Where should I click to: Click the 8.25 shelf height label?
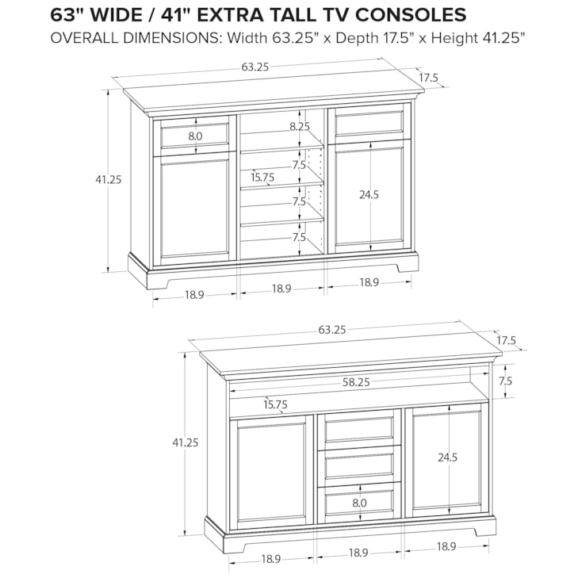pyautogui.click(x=300, y=126)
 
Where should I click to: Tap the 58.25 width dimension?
pyautogui.click(x=356, y=382)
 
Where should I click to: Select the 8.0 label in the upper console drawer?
pyautogui.click(x=195, y=136)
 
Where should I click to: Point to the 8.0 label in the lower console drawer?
pyautogui.click(x=359, y=503)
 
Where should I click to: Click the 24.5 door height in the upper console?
pyautogui.click(x=369, y=194)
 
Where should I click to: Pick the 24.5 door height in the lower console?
pyautogui.click(x=447, y=457)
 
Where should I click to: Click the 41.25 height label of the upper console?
pyautogui.click(x=109, y=179)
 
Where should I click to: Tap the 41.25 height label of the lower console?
pyautogui.click(x=186, y=442)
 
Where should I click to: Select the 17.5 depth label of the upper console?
pyautogui.click(x=429, y=78)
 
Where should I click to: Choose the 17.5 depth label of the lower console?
pyautogui.click(x=506, y=341)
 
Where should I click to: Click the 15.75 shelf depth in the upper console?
pyautogui.click(x=262, y=178)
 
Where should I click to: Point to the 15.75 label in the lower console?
pyautogui.click(x=275, y=404)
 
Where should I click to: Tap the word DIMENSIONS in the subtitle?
pyautogui.click(x=173, y=38)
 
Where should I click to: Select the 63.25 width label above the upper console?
pyautogui.click(x=255, y=67)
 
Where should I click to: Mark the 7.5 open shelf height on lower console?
pyautogui.click(x=506, y=381)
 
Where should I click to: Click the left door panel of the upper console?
pyautogui.click(x=194, y=209)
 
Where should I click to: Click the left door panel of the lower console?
pyautogui.click(x=271, y=476)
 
